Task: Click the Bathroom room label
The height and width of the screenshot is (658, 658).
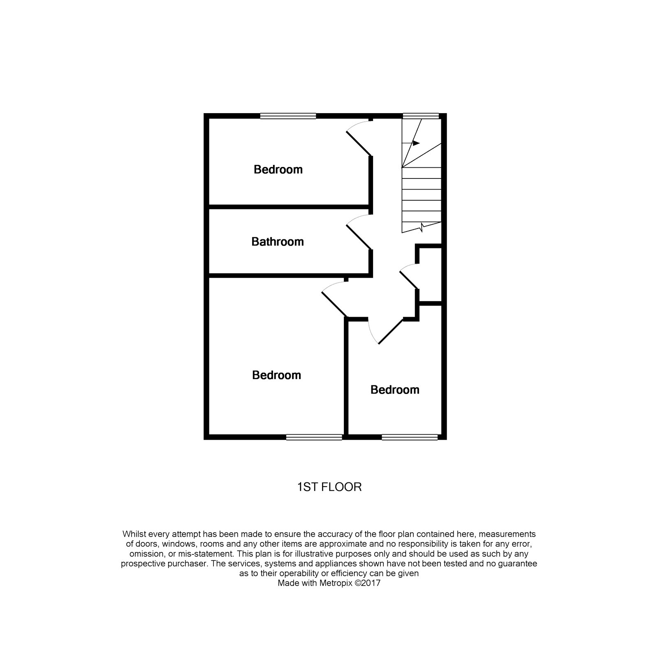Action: point(278,241)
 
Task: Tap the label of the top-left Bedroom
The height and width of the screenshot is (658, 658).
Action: point(278,169)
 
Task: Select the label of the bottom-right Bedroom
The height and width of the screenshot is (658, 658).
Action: point(395,390)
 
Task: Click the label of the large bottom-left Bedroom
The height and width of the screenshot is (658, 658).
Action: point(276,375)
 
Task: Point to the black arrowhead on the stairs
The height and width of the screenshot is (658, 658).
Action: point(416,143)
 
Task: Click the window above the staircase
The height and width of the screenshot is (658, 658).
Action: point(421,116)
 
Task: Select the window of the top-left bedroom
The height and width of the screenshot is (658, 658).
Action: point(288,116)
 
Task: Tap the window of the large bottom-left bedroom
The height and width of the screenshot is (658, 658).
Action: point(314,437)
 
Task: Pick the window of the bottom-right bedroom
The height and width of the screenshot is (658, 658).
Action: point(410,437)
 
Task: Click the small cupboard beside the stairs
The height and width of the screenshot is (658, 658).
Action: point(430,275)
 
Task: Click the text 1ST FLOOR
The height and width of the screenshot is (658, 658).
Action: point(329,487)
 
